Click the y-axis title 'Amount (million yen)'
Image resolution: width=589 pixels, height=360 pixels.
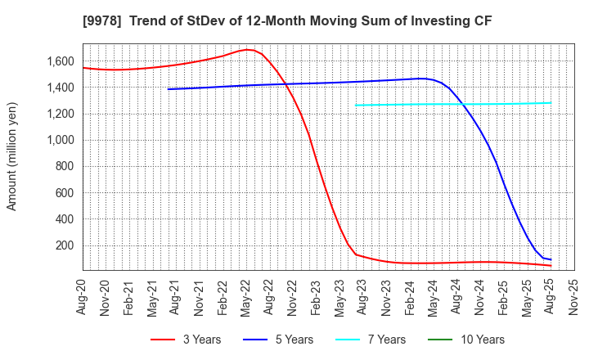tap(12, 156)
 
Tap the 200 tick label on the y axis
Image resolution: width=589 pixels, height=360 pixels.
tap(65, 245)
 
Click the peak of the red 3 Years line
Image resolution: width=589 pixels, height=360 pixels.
tap(247, 50)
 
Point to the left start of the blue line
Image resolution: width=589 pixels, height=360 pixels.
tap(169, 89)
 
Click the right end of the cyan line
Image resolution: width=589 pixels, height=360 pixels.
tap(551, 103)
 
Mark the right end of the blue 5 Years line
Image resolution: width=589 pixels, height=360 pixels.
tap(551, 259)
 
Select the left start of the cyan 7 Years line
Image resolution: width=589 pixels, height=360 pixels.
tap(356, 105)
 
